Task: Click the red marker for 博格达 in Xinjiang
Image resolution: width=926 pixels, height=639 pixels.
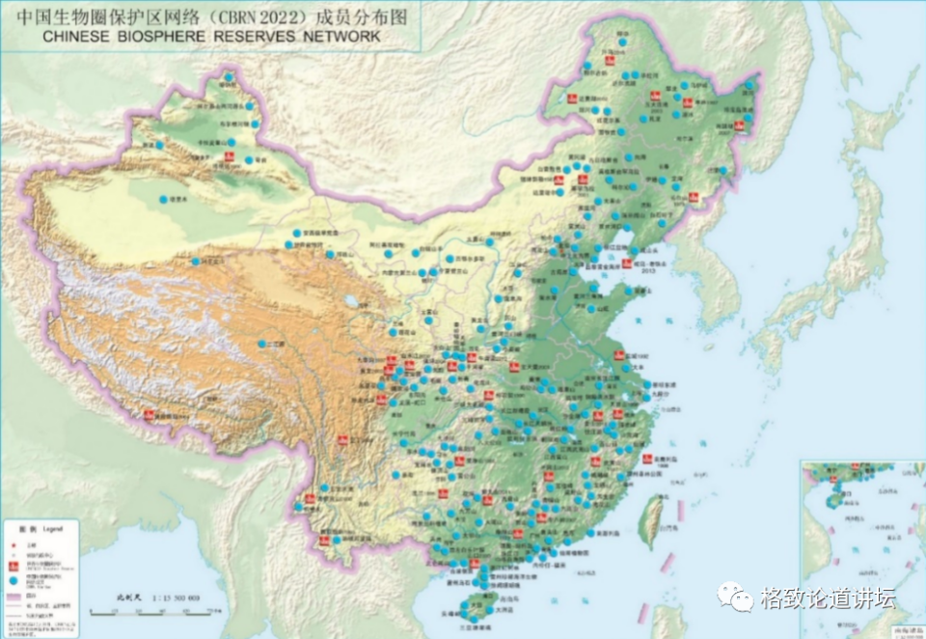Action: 231,156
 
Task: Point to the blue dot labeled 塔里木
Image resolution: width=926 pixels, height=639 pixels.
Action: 161,201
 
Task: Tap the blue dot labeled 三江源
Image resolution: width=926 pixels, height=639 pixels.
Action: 260,344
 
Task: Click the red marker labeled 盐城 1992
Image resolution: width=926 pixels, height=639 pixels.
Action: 617,358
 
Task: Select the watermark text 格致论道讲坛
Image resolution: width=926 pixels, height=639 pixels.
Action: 828,598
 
